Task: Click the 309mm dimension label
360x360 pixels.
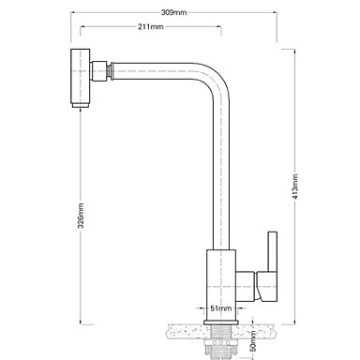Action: pyautogui.click(x=173, y=12)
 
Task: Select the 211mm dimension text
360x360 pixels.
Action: pyautogui.click(x=151, y=27)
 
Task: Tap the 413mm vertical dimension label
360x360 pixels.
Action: pyautogui.click(x=295, y=187)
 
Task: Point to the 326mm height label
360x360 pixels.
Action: pyautogui.click(x=81, y=216)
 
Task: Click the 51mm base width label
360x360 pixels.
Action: pyautogui.click(x=221, y=308)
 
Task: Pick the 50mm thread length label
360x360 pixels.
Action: pyautogui.click(x=253, y=341)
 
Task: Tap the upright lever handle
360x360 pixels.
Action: pyautogui.click(x=273, y=251)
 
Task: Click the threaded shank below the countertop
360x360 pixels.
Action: pyautogui.click(x=221, y=339)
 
